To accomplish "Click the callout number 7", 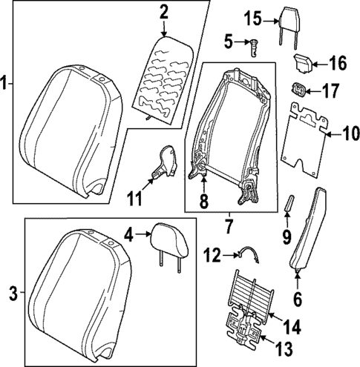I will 228,222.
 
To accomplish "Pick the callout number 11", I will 134,199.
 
